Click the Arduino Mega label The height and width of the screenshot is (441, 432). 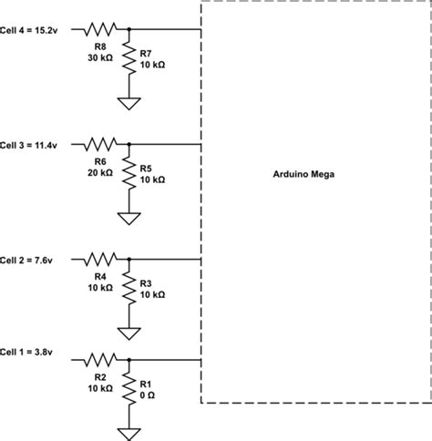pyautogui.click(x=304, y=174)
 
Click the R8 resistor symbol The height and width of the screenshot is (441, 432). pyautogui.click(x=100, y=28)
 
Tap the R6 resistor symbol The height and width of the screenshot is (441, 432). pyautogui.click(x=100, y=144)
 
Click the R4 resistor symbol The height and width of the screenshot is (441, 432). pyautogui.click(x=100, y=260)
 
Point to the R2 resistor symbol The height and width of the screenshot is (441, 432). pyautogui.click(x=100, y=359)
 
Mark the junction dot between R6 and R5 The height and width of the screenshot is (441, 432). pyautogui.click(x=129, y=144)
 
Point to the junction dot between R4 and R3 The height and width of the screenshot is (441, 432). pyautogui.click(x=129, y=260)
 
